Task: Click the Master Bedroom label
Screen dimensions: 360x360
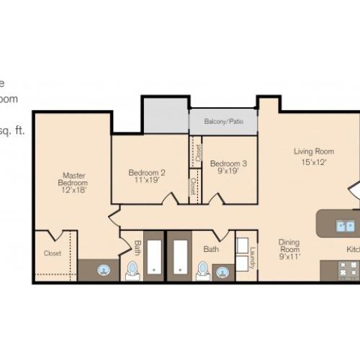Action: point(74,179)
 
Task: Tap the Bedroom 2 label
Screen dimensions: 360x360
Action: point(147,172)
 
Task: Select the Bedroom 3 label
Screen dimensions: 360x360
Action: point(228,164)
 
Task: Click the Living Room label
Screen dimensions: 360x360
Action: point(314,151)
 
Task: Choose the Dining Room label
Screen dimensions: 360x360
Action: point(289,242)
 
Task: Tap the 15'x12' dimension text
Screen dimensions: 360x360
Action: point(314,162)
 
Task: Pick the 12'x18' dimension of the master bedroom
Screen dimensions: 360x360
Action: point(74,191)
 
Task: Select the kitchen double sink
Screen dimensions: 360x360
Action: point(344,226)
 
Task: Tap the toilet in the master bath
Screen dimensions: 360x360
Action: point(132,270)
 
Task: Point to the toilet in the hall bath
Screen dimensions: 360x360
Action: point(203,270)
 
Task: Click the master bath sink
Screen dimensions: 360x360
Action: point(104,271)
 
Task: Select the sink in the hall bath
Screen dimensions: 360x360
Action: point(222,272)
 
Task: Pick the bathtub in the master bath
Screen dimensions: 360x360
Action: point(155,257)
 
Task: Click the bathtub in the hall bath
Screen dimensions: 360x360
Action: point(180,257)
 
